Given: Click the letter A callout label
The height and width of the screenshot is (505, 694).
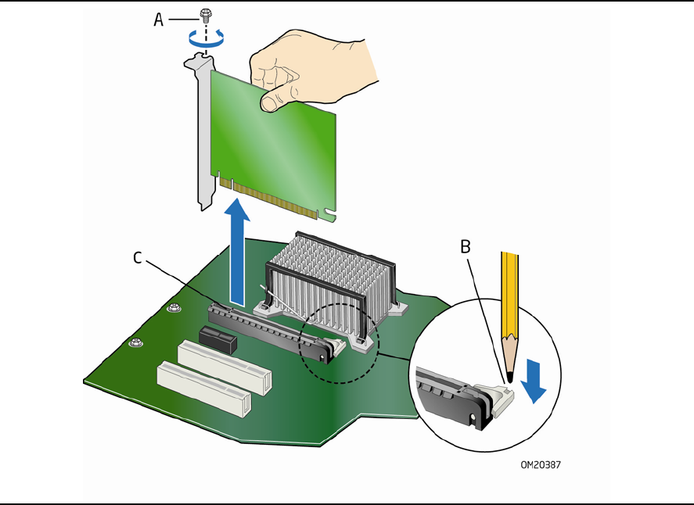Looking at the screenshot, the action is [x=159, y=20].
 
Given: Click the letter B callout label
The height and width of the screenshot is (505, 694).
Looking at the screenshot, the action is [x=466, y=247].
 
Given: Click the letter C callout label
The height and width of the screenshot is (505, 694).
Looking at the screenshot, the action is [x=138, y=257].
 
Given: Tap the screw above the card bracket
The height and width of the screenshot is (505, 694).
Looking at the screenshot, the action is [x=204, y=16].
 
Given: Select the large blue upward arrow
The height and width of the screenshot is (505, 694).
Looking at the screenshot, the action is [x=237, y=252].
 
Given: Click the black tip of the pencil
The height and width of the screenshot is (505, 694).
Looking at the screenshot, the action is [x=510, y=378].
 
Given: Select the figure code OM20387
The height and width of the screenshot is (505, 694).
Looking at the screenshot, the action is [x=541, y=465].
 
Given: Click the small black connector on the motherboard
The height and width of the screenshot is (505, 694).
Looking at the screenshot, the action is [x=218, y=339].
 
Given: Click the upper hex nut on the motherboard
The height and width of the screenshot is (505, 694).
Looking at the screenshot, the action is [x=174, y=307].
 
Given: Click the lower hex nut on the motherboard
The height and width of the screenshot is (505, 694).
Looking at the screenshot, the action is [x=136, y=342].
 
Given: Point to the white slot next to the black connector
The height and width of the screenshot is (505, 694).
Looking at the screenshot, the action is [x=225, y=367].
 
